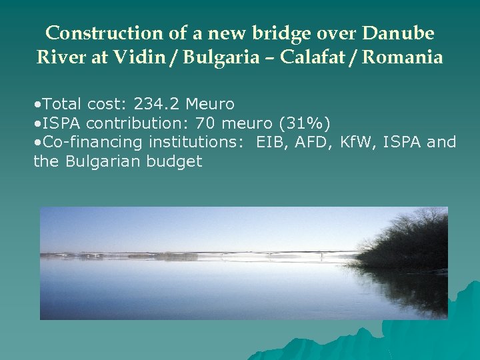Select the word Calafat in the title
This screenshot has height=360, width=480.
311,57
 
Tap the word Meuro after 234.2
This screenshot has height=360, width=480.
210,104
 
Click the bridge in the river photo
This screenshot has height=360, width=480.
267,255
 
